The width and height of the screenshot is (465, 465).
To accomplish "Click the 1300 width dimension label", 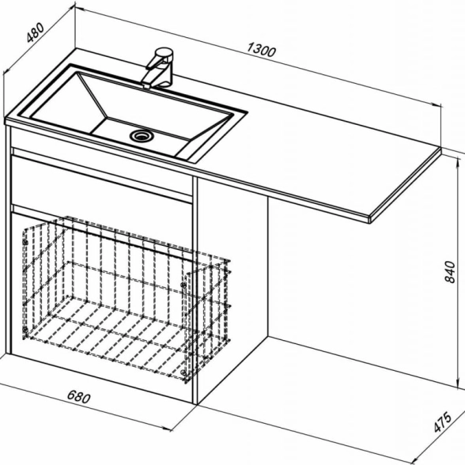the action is point(262,50).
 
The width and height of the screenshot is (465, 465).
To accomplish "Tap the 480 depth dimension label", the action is point(36,32).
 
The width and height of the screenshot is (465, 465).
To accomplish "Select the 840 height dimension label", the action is point(449,272).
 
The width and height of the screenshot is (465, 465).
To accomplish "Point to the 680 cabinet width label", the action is point(78,397).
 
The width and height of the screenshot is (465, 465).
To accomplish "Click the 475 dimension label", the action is point(443,422).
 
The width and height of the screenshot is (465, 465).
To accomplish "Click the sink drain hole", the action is point(142,136).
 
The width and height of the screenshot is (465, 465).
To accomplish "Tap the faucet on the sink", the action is point(158,68).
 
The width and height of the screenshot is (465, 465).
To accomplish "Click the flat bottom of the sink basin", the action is point(139,136).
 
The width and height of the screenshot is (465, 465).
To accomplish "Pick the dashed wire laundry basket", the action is point(127,299).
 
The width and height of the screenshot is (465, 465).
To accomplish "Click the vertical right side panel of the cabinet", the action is point(195,289).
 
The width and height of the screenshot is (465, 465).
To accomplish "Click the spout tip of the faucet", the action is point(146,85).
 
